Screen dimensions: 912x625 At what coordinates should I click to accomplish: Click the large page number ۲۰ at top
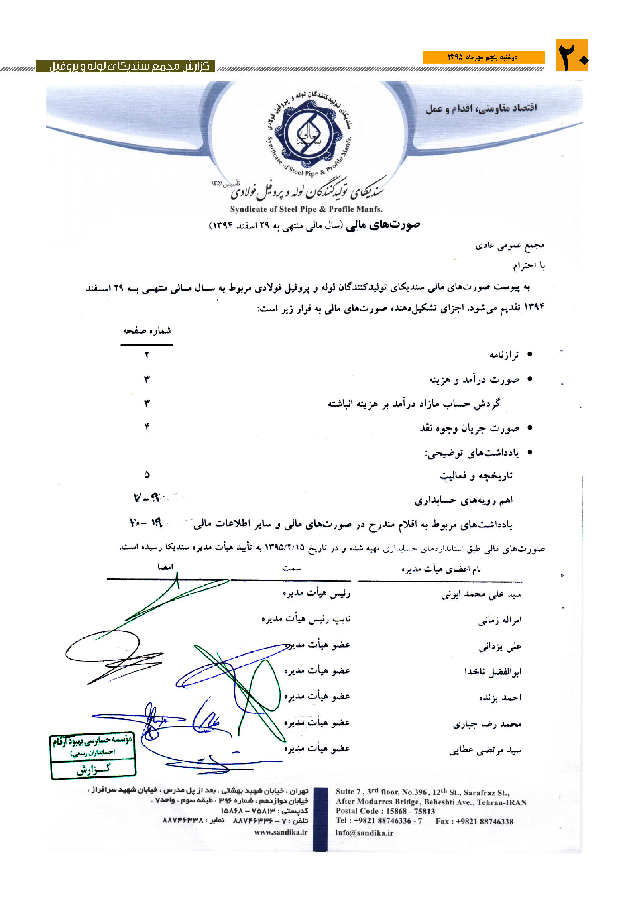click(572, 56)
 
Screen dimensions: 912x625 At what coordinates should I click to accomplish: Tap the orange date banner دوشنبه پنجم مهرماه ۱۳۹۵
click(483, 57)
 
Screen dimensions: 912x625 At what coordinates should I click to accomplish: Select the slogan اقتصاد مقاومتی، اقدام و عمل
click(481, 108)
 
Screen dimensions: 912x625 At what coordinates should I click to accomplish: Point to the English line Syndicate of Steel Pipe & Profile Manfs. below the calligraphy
click(306, 209)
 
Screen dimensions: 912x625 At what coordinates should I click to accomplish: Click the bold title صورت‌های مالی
click(388, 225)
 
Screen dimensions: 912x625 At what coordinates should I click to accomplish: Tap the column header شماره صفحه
click(147, 331)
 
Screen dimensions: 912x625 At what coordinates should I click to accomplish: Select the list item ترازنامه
click(504, 355)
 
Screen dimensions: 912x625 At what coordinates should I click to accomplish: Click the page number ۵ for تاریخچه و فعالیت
click(147, 475)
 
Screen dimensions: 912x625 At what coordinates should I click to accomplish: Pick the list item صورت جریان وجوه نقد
click(469, 428)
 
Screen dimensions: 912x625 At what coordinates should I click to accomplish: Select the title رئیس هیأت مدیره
click(316, 593)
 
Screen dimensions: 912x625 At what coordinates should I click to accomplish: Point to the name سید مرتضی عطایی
click(485, 750)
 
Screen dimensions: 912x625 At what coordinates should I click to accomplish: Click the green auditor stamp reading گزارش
click(93, 755)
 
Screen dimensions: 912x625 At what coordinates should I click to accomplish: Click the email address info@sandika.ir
click(364, 833)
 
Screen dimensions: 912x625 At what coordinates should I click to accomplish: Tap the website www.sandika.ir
click(281, 832)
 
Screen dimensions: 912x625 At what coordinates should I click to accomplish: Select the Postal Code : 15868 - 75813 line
click(385, 811)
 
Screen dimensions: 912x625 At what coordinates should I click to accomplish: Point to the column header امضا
click(165, 566)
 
